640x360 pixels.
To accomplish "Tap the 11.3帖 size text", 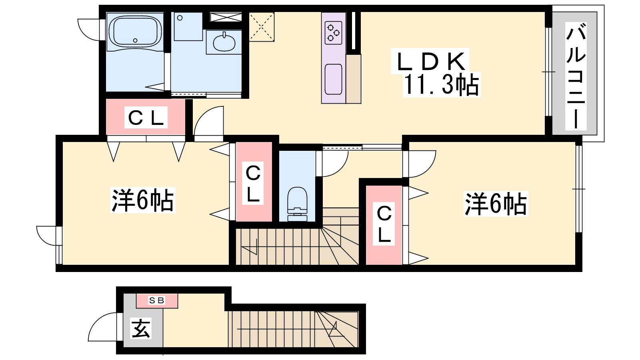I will coord(441,85).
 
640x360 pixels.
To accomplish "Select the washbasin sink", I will coord(224,42).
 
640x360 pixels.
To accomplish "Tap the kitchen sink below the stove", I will coord(333,79).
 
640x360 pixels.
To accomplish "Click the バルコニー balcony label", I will coord(576,76).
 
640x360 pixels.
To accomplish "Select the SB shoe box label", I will coord(157,300).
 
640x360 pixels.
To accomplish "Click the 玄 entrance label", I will coord(141,328).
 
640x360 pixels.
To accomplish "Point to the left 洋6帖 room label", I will coord(142,200).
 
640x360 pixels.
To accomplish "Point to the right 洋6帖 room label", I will coord(495,204).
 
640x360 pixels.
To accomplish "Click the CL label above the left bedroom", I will coord(146,118).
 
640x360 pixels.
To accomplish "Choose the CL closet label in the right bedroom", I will coord(384,224).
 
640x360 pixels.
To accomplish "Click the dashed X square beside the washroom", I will coord(262,27).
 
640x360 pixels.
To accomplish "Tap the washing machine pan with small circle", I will coord(188,26).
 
